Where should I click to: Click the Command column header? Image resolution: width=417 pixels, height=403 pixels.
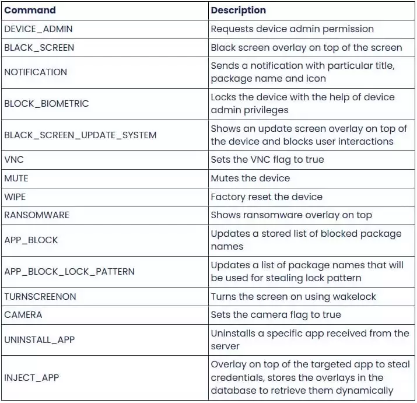[30, 10]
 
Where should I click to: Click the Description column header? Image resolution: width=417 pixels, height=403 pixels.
[238, 10]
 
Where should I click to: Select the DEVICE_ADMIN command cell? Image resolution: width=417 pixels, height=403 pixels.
[38, 29]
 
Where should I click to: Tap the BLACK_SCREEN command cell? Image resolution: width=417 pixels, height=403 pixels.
[40, 47]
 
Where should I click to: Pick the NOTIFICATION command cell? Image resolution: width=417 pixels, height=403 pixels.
[36, 72]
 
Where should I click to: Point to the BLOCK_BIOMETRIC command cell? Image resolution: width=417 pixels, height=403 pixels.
[47, 104]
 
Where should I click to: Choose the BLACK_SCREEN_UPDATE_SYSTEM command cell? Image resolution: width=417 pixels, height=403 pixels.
[80, 135]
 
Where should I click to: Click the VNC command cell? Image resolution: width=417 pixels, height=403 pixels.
[14, 159]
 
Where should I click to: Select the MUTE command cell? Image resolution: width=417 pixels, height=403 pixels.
[16, 178]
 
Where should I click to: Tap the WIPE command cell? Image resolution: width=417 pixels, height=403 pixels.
[16, 197]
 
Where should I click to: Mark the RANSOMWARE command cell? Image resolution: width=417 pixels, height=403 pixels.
[37, 215]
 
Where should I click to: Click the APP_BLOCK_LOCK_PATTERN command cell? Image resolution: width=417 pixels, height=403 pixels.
[69, 271]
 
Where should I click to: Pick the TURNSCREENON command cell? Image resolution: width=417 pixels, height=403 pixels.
[40, 296]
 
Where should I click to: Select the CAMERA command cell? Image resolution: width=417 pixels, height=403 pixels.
[23, 315]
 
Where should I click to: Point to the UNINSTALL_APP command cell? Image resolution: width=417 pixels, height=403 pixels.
[40, 339]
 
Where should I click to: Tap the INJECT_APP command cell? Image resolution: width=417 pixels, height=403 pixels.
[31, 377]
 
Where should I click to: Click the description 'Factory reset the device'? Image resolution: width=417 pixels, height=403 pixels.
[267, 197]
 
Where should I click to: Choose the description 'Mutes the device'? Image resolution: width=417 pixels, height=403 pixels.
[250, 178]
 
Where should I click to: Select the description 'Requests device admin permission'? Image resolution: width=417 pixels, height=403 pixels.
[292, 29]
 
